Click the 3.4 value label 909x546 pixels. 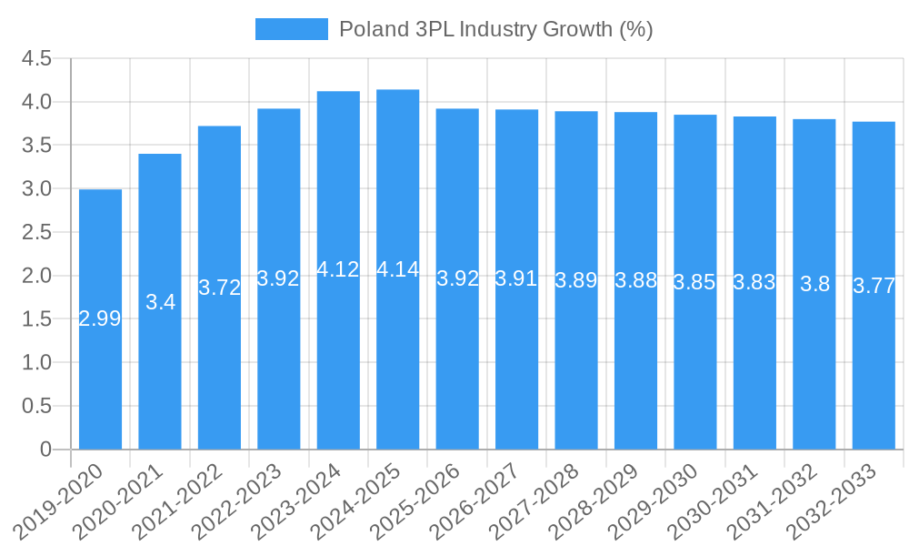point(160,302)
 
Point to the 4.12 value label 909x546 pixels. point(338,269)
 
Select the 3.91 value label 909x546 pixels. point(516,278)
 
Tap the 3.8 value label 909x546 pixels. point(814,284)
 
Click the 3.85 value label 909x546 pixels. point(694,282)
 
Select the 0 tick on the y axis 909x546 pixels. point(46,450)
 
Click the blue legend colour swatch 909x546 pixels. point(291,29)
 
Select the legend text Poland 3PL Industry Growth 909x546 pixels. point(495,29)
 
